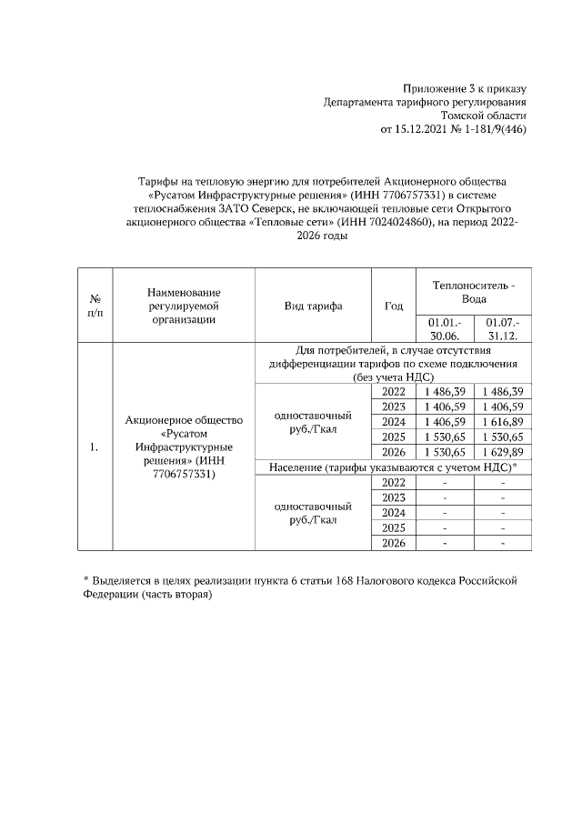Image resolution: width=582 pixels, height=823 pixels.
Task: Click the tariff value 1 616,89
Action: tap(503, 422)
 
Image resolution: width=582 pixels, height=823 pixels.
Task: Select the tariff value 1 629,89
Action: tap(503, 452)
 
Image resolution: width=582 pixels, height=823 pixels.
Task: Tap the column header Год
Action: tap(394, 306)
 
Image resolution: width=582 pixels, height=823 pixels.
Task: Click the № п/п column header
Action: tap(95, 306)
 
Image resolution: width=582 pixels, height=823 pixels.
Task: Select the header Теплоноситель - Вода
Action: tap(473, 292)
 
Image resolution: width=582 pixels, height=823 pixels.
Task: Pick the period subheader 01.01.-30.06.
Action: tap(445, 328)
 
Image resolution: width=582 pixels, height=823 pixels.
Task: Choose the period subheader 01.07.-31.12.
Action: tap(503, 328)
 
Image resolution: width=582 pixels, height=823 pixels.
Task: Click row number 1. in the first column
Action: tap(95, 447)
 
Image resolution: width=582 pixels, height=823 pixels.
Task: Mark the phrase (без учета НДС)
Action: tap(393, 376)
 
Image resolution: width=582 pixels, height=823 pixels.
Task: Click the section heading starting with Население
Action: tap(393, 467)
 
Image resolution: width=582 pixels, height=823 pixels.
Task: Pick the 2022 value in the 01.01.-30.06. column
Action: tap(445, 391)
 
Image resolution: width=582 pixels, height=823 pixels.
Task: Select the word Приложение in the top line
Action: tap(435, 88)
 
